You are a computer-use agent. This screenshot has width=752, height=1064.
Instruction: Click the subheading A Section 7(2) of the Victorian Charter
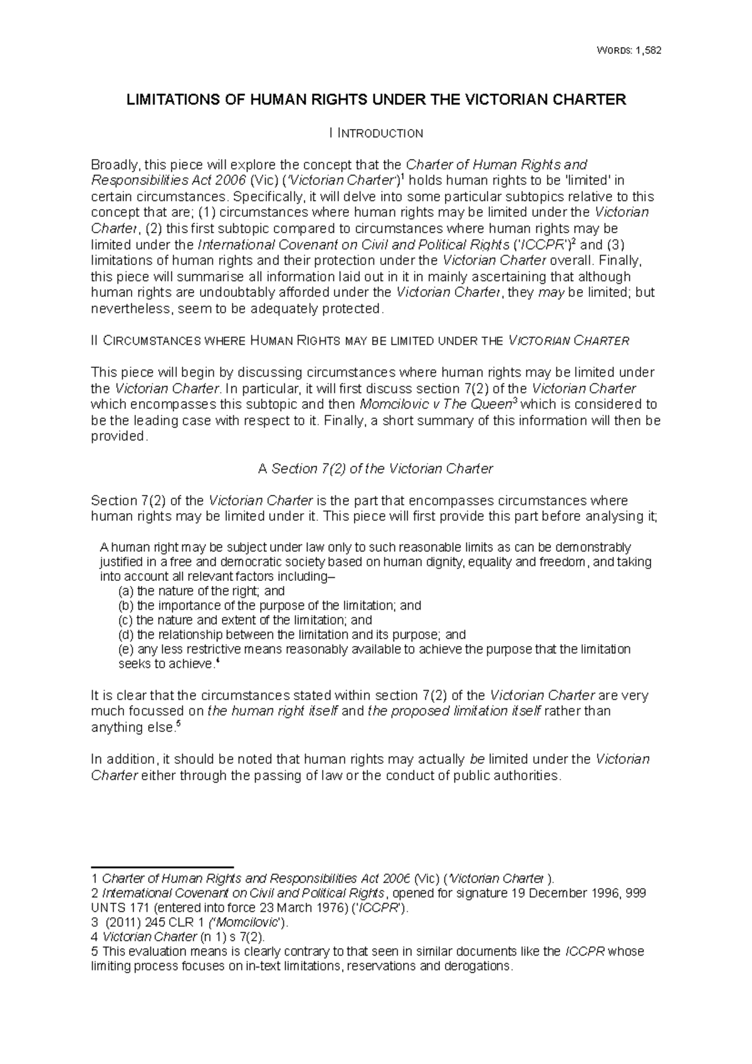[x=376, y=469]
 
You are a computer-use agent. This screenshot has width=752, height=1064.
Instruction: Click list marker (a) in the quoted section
[x=126, y=591]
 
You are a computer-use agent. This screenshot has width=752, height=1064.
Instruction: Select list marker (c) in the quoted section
[x=126, y=620]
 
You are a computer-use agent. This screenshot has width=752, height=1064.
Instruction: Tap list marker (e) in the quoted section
[x=126, y=649]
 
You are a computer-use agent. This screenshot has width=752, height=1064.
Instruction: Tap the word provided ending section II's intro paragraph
[x=119, y=437]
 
